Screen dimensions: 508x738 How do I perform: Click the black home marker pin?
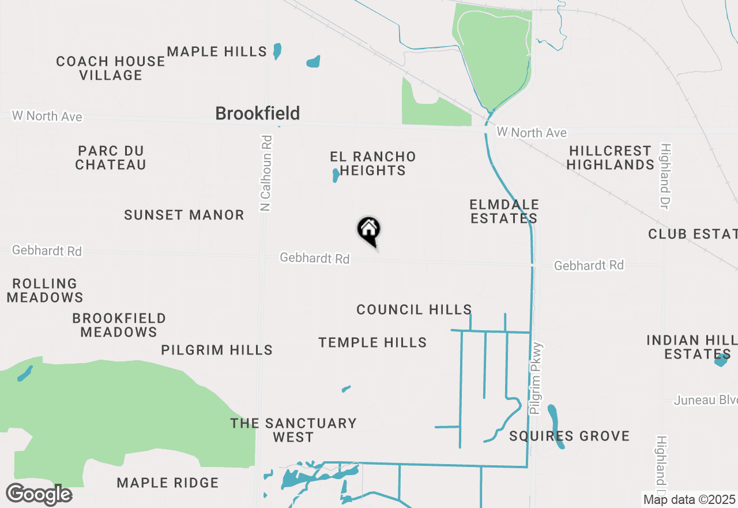pos(369,231)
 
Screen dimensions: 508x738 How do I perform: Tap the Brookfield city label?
pos(257,113)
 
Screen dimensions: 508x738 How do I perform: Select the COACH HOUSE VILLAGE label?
pos(111,68)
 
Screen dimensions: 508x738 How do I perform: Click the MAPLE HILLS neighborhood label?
pos(217,52)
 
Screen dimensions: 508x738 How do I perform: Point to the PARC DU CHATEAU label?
pos(111,158)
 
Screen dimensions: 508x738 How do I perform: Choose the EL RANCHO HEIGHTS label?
pos(372,163)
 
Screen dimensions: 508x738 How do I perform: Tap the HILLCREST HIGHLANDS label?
pos(610,158)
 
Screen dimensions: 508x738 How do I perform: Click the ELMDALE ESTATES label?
pos(504,211)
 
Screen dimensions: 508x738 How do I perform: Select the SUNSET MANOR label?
pos(184,215)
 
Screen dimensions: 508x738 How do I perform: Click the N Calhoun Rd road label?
pos(266,173)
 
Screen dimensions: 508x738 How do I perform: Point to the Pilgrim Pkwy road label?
pos(536,378)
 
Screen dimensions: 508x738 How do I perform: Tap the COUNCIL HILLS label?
pos(414,310)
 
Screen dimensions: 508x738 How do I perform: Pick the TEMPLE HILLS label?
pos(372,343)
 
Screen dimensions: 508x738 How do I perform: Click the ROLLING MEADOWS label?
pos(45,290)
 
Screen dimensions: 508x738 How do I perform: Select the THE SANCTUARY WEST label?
pos(293,430)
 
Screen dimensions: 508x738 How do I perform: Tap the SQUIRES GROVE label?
pos(569,436)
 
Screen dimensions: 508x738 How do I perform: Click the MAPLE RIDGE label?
pos(168,483)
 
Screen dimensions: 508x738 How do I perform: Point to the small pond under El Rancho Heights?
pos(336,175)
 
